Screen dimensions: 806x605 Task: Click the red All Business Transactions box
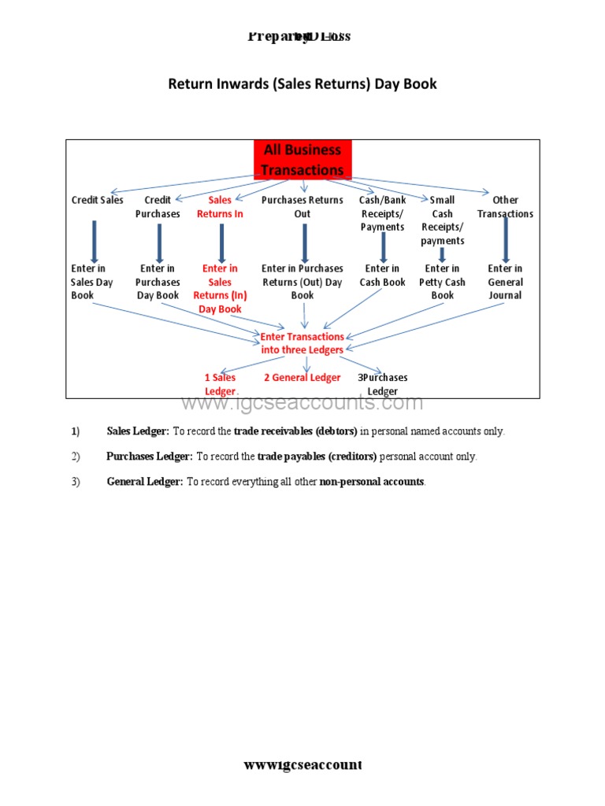point(302,160)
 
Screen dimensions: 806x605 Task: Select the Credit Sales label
point(98,200)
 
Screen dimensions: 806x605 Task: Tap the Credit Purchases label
point(158,207)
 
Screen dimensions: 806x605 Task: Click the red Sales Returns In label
point(220,207)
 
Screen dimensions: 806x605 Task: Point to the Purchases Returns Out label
point(302,207)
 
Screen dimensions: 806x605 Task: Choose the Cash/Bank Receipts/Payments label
point(383,213)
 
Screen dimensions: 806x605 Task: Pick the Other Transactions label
point(505,207)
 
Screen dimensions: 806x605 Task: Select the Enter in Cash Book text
point(383,275)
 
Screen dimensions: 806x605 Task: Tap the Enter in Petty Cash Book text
point(442,282)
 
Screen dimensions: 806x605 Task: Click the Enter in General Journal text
point(505,282)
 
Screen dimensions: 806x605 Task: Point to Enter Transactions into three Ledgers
point(302,343)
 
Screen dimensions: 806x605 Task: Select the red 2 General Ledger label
point(302,378)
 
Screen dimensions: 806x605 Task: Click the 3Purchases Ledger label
point(383,384)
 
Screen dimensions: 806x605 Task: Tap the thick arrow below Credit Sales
point(95,242)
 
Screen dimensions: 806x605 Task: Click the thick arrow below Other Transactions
point(505,240)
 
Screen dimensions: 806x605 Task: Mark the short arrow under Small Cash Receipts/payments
point(442,255)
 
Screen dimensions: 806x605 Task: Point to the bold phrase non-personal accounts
point(372,482)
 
